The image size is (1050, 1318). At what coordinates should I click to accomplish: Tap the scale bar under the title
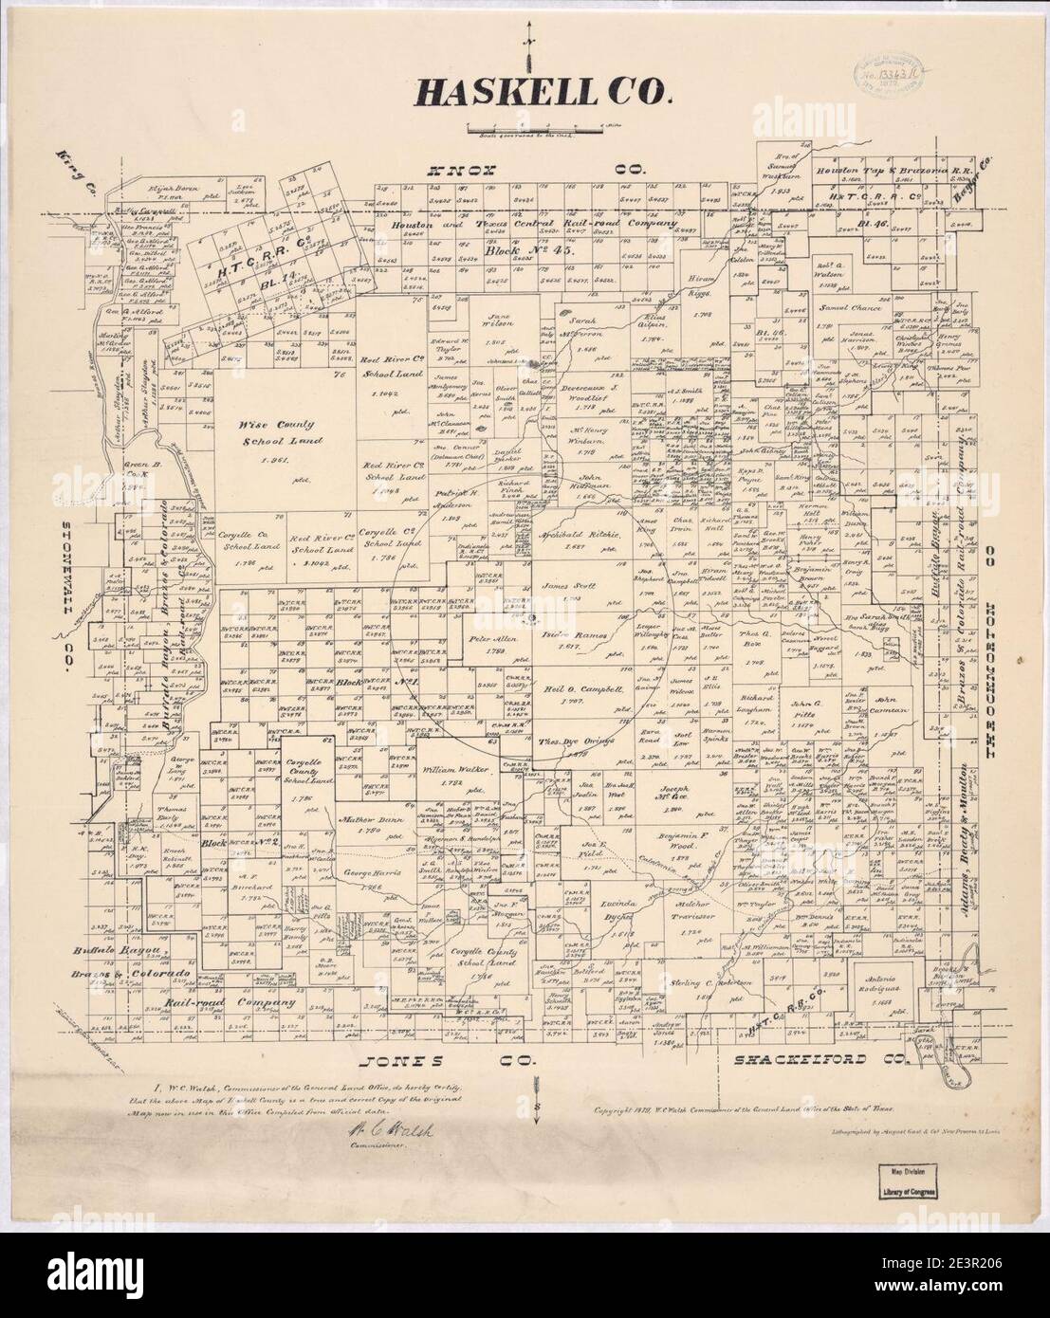tap(538, 126)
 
